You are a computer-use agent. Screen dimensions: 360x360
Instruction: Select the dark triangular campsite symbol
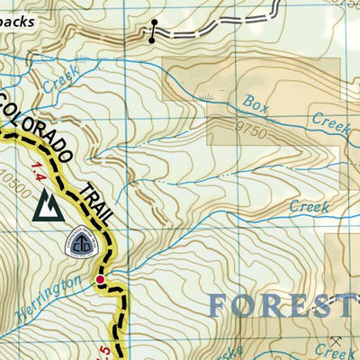pyautogui.click(x=47, y=208)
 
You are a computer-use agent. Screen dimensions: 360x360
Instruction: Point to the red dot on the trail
pyautogui.click(x=101, y=282)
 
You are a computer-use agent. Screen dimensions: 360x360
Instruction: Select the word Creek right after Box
pyautogui.click(x=328, y=122)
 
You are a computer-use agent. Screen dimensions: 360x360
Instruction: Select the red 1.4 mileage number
pyautogui.click(x=38, y=170)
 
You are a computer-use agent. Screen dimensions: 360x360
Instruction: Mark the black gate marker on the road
pyautogui.click(x=154, y=30)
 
